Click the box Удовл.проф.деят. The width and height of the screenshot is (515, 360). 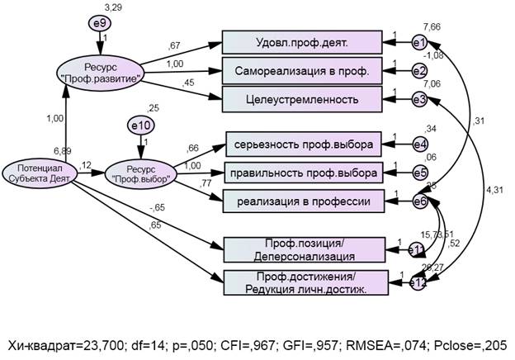pyautogui.click(x=302, y=43)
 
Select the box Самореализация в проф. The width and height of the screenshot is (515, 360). pyautogui.click(x=302, y=71)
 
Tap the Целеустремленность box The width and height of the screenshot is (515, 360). pyautogui.click(x=302, y=99)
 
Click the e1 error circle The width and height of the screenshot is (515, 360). pyautogui.click(x=420, y=43)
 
